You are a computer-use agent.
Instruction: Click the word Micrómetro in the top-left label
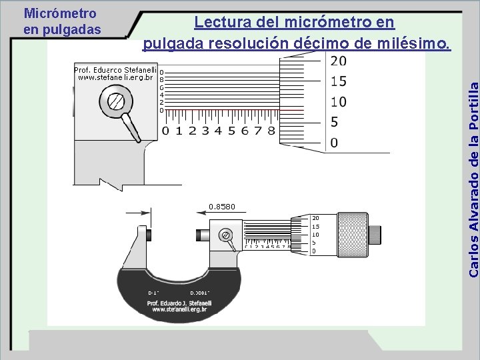[x=60, y=13]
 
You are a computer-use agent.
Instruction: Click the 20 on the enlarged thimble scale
[x=338, y=61]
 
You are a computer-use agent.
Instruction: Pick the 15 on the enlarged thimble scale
[x=338, y=81]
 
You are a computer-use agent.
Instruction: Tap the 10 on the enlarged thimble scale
[x=338, y=102]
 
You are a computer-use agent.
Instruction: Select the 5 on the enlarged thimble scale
[x=334, y=123]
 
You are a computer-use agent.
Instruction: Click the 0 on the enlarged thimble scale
[x=334, y=143]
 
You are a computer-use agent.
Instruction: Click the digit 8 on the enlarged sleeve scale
[x=271, y=131]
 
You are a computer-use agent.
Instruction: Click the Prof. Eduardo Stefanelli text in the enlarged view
[x=115, y=69]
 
